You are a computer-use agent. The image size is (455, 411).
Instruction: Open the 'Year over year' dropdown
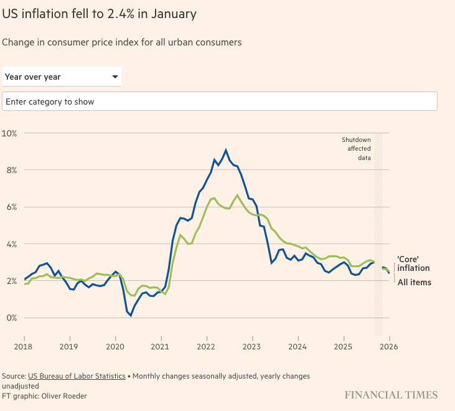tap(61, 77)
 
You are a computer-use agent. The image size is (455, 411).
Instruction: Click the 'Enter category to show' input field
tap(219, 101)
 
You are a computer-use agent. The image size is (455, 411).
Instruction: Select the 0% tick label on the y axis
tap(11, 318)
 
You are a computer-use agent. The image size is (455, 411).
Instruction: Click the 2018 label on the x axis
tap(24, 346)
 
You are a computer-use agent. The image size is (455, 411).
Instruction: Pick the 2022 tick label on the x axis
tap(207, 346)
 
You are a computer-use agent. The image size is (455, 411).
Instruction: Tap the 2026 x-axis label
tap(389, 346)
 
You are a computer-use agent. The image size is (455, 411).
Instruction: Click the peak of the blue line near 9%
tap(226, 150)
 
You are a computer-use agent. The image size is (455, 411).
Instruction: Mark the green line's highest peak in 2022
tap(237, 196)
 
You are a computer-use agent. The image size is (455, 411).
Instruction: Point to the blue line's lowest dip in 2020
tap(131, 315)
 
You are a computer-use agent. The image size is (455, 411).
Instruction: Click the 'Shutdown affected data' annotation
tap(356, 149)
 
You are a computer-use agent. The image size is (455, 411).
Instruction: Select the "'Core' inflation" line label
tap(413, 263)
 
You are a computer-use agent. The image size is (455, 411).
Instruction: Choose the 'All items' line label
tap(414, 282)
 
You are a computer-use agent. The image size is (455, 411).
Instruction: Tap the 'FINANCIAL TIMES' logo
tap(392, 395)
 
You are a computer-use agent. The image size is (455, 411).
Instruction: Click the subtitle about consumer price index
tap(121, 42)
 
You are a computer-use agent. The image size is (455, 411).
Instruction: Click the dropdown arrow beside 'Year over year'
tap(115, 77)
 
